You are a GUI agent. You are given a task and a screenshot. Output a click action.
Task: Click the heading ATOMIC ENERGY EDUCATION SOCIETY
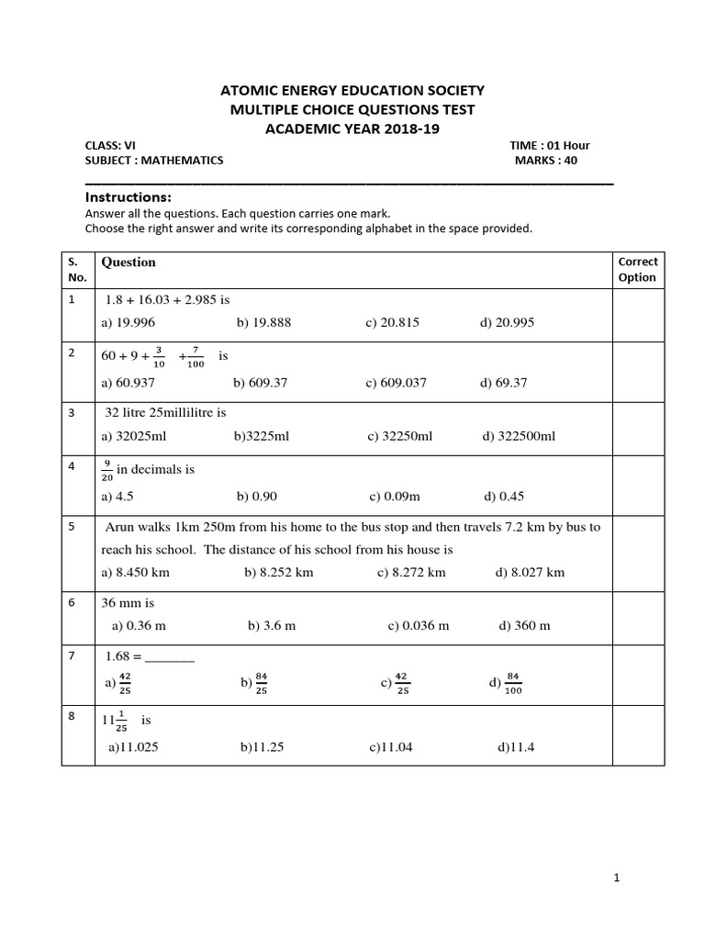pos(352,90)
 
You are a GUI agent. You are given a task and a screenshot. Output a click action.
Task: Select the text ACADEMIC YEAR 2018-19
pos(352,129)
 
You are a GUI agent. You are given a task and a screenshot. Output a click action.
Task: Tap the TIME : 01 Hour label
pos(550,145)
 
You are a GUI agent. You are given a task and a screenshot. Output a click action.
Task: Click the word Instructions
pos(129,197)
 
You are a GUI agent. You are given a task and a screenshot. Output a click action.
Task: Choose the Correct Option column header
pos(637,269)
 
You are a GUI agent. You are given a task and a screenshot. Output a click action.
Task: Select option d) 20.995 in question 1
pos(507,322)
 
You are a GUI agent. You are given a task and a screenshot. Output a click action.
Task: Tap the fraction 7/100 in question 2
pos(196,357)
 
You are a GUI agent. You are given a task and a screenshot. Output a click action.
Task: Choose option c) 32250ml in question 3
pos(399,436)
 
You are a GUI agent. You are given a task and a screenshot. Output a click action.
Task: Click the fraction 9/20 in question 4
pos(107,470)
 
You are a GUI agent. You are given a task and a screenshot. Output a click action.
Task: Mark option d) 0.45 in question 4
pos(504,497)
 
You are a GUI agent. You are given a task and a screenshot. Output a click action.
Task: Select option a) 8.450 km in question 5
pos(135,572)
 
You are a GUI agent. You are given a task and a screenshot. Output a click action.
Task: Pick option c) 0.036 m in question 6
pos(419,626)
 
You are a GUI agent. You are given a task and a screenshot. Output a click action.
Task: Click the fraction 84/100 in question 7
pos(513,683)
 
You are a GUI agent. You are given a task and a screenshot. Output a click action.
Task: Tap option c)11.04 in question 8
pos(391,747)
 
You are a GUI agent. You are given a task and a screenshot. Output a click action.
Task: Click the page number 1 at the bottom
pos(617,878)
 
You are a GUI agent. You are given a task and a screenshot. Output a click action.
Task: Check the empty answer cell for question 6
pos(637,618)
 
